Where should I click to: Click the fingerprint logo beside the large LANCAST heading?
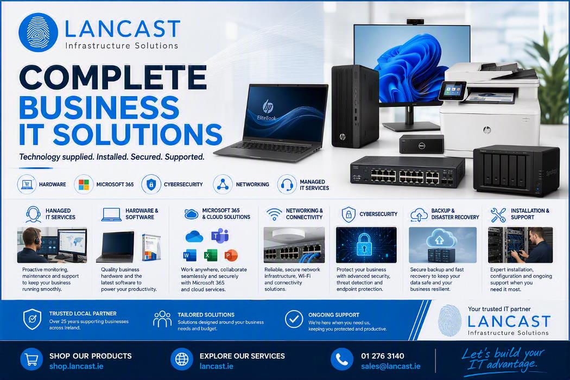click(38, 33)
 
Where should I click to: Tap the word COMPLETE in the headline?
click(113, 77)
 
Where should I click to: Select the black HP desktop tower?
click(355, 106)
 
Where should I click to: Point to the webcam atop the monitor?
click(414, 22)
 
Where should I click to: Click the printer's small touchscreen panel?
click(452, 91)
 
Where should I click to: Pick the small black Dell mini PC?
click(422, 144)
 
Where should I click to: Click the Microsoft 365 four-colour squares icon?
click(84, 185)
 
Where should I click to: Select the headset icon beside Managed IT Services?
click(287, 185)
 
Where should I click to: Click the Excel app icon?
click(210, 255)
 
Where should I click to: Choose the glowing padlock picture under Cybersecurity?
click(366, 245)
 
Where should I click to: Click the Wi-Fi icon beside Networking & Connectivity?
click(274, 214)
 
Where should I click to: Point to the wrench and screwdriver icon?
click(498, 214)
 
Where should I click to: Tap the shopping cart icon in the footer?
click(31, 359)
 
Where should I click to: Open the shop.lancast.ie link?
click(77, 366)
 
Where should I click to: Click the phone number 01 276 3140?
click(382, 356)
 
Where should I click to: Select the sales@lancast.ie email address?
click(391, 366)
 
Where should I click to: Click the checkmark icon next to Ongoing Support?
click(294, 319)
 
